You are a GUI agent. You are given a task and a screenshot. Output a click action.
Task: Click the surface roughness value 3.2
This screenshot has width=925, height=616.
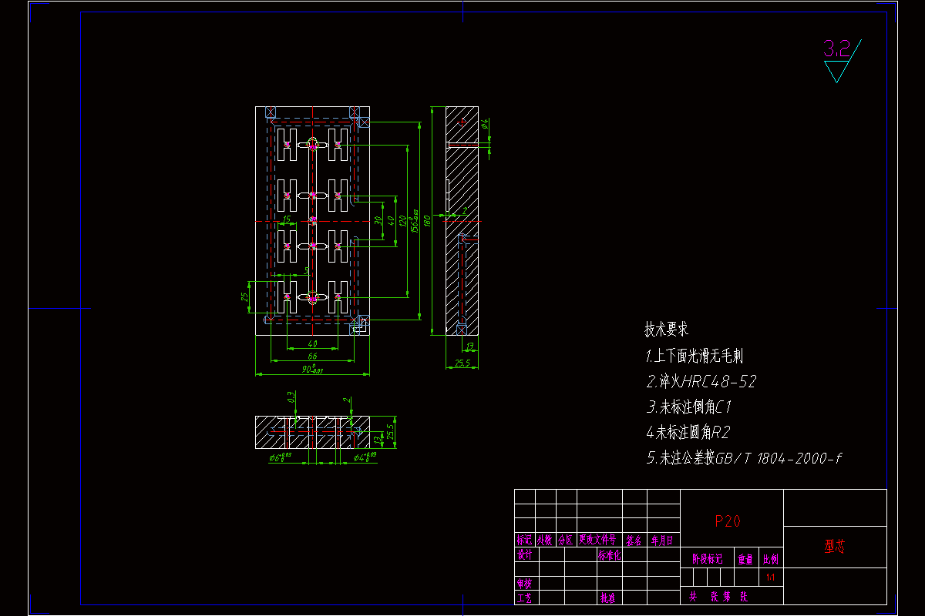tap(836, 50)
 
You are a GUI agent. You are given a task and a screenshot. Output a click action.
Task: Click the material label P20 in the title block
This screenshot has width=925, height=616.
tap(728, 521)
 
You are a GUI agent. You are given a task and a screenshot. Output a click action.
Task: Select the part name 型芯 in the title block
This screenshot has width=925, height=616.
tap(835, 547)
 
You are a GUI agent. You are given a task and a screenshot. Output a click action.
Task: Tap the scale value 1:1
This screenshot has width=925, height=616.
tap(770, 577)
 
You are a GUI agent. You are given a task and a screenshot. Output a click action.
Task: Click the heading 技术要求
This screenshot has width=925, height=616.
tap(666, 330)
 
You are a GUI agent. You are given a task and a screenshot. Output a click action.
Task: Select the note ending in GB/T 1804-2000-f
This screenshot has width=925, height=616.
tap(744, 458)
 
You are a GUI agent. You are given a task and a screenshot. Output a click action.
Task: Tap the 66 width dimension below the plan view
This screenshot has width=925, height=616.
tap(312, 357)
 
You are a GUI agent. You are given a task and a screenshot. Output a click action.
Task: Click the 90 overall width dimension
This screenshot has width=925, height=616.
tap(312, 370)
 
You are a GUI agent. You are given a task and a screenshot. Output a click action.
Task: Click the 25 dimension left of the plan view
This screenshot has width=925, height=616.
tap(245, 296)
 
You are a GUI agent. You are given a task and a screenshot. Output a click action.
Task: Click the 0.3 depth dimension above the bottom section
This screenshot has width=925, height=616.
tap(291, 398)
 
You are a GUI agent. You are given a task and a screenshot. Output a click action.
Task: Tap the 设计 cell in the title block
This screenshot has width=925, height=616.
tap(524, 554)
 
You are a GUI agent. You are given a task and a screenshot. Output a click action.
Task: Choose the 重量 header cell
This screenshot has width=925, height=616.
tap(745, 560)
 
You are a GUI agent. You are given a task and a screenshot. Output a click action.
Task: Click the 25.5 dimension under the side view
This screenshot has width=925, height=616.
tap(462, 363)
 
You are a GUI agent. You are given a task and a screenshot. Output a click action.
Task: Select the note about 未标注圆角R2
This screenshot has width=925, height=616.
tap(688, 432)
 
